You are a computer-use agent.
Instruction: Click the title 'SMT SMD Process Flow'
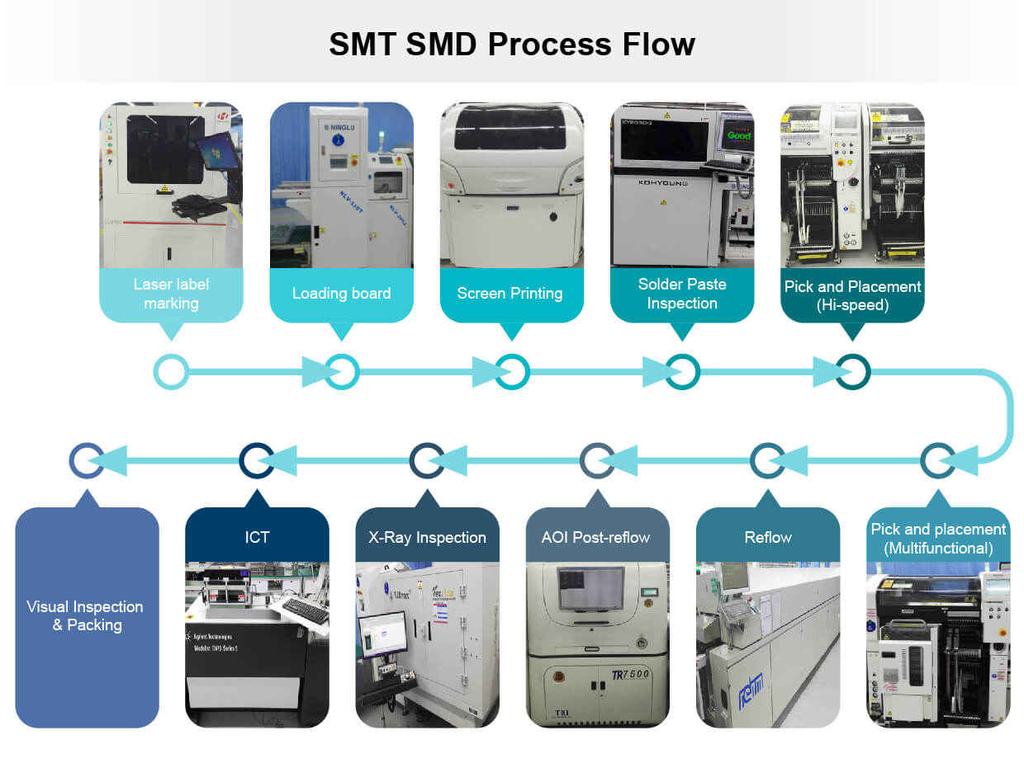click(511, 44)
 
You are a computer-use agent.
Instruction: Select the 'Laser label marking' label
click(171, 294)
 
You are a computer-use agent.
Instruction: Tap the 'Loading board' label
click(341, 294)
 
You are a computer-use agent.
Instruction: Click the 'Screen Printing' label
click(510, 294)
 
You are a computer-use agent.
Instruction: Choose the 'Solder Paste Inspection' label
click(682, 294)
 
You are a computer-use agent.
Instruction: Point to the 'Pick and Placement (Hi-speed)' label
click(852, 295)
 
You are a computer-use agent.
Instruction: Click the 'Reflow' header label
click(768, 537)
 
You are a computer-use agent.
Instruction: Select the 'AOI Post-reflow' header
click(597, 537)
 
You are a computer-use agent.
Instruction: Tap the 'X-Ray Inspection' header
click(427, 537)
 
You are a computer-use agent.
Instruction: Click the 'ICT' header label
click(257, 537)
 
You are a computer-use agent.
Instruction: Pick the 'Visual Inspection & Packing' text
click(86, 615)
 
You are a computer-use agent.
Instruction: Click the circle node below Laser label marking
click(171, 372)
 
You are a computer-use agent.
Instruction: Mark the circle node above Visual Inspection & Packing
click(86, 460)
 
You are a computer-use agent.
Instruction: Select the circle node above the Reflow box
click(768, 460)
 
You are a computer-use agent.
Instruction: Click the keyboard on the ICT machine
click(305, 611)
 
